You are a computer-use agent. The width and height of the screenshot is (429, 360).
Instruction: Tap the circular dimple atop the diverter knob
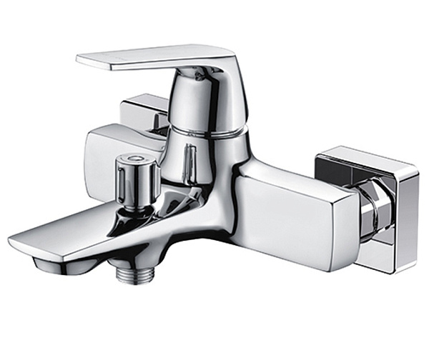pyautogui.click(x=134, y=158)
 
